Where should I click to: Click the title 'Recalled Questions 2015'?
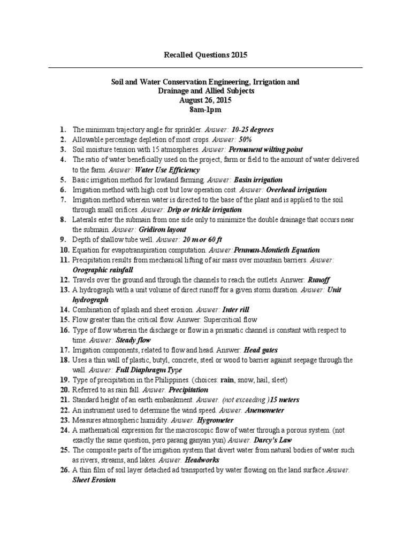pyautogui.click(x=205, y=55)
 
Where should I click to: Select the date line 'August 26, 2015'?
pyautogui.click(x=205, y=100)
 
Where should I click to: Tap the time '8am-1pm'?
pyautogui.click(x=205, y=110)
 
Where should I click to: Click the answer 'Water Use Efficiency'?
pyautogui.click(x=161, y=169)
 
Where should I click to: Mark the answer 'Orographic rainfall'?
pyautogui.click(x=103, y=270)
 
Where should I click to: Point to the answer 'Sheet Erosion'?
pyautogui.click(x=94, y=480)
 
